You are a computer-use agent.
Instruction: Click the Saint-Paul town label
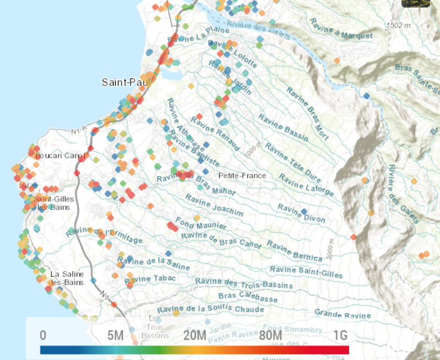(x=118, y=82)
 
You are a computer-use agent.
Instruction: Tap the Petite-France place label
(x=242, y=176)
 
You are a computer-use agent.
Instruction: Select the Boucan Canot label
(x=59, y=156)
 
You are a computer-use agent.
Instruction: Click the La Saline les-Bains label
(x=66, y=278)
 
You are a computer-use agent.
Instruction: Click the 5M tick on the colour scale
(x=115, y=336)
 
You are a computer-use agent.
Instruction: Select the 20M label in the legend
(x=195, y=336)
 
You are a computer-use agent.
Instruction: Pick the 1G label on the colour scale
(x=340, y=336)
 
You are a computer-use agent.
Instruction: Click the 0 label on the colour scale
(x=43, y=336)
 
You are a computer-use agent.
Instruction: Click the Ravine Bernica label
(x=294, y=250)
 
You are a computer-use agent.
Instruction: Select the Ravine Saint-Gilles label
(x=306, y=272)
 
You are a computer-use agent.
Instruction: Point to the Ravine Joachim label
(x=214, y=205)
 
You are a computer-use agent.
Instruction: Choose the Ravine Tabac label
(x=150, y=280)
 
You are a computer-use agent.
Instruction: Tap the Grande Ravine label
(x=343, y=314)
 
